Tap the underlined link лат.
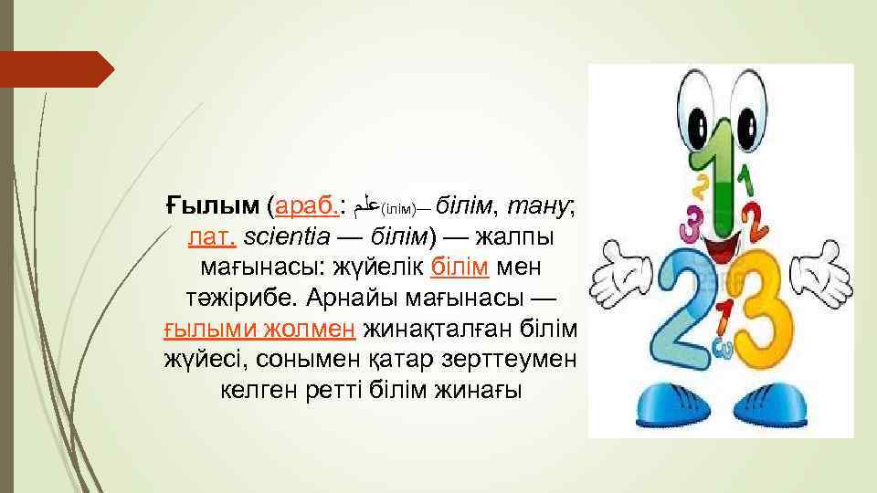(x=213, y=237)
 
